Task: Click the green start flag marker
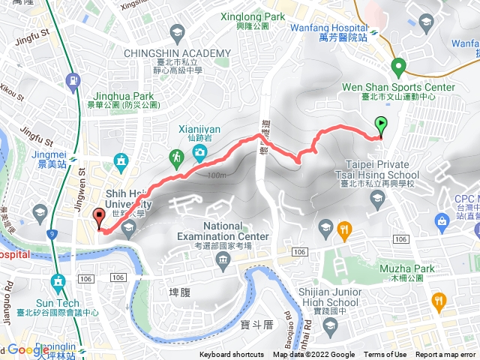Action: pos(381,126)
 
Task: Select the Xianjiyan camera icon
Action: pos(199,154)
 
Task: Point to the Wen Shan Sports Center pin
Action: pos(398,66)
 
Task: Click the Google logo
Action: pos(28,349)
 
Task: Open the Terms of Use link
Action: pos(385,355)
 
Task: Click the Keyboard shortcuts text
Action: pos(232,355)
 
